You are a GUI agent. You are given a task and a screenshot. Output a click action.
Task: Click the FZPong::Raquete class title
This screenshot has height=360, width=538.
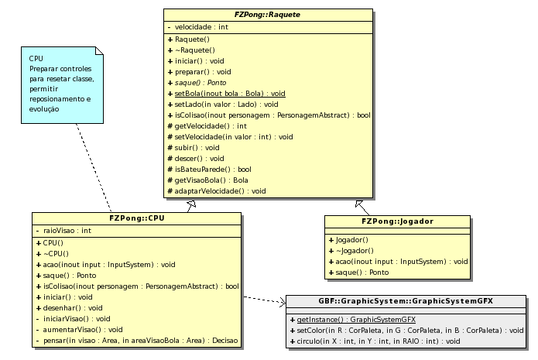pos(267,15)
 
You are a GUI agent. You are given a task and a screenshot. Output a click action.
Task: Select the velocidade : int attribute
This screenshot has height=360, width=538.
pos(201,26)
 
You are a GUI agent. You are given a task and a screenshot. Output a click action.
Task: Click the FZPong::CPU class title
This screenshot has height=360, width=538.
pos(136,218)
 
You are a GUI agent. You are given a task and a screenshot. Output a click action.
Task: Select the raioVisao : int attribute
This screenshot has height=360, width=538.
pos(67,230)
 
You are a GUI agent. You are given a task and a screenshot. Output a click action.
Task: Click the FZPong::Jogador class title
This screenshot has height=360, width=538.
pos(397,221)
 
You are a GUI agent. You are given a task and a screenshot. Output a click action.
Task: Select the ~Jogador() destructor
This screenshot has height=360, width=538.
pos(355,251)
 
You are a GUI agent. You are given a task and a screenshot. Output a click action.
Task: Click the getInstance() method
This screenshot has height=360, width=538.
pos(356,319)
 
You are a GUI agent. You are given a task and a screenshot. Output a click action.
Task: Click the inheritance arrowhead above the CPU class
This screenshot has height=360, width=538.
pos(191,204)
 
